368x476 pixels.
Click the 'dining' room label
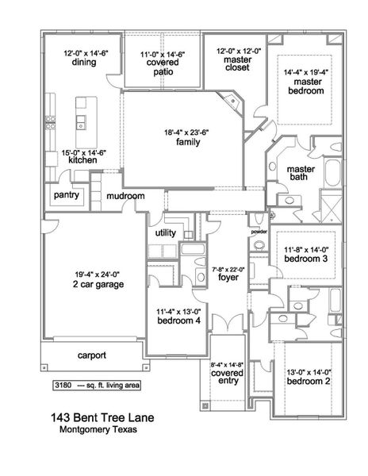pyautogui.click(x=83, y=63)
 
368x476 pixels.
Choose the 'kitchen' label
pyautogui.click(x=82, y=160)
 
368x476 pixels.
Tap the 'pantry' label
pyautogui.click(x=65, y=194)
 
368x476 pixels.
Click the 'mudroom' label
pyautogui.click(x=126, y=195)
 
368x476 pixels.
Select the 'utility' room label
pyautogui.click(x=165, y=233)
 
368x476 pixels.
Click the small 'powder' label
pyautogui.click(x=259, y=232)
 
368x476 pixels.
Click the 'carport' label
pyautogui.click(x=92, y=355)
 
